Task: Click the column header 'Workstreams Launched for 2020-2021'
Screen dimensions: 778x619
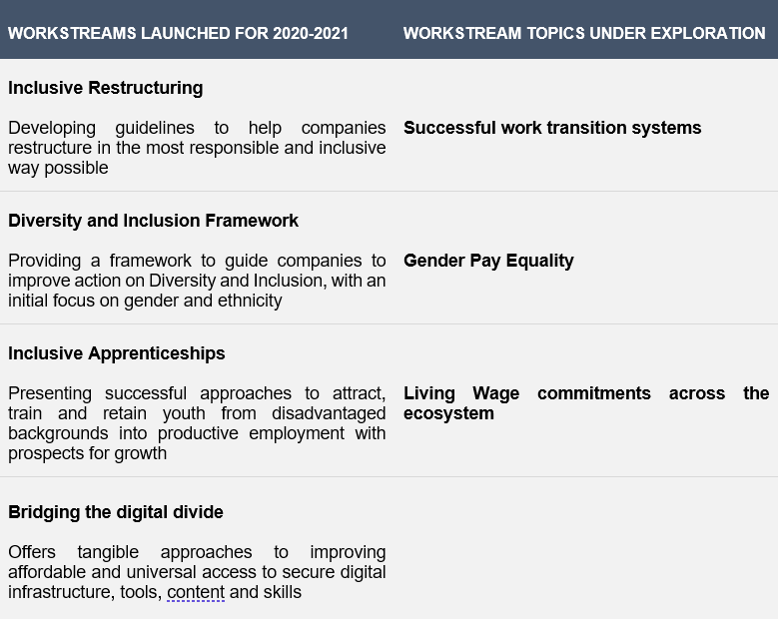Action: [x=178, y=33]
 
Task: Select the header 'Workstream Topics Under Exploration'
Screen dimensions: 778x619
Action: [x=584, y=33]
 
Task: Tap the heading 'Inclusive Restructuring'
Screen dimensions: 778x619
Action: [x=106, y=88]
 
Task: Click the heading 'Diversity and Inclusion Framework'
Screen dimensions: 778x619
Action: [x=154, y=221]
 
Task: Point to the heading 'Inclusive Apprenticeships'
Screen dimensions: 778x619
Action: [x=117, y=353]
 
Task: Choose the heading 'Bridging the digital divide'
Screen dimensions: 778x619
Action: [x=116, y=512]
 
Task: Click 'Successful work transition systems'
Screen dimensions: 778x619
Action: [x=552, y=128]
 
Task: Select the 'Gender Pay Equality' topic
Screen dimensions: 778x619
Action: [x=488, y=261]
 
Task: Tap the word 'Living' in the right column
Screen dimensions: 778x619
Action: [x=429, y=393]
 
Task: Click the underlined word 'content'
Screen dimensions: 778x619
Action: [x=196, y=592]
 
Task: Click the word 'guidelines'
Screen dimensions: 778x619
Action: [x=155, y=128]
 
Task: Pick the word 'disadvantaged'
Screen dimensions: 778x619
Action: [x=329, y=413]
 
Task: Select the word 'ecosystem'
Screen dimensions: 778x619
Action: [x=448, y=413]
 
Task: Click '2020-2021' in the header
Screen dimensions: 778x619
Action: [x=311, y=33]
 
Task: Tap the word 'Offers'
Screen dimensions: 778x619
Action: [x=32, y=552]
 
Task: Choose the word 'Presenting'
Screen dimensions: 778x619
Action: [x=50, y=393]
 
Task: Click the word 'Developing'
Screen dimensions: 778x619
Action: [x=52, y=128]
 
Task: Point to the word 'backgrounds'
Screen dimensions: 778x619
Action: [x=58, y=433]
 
